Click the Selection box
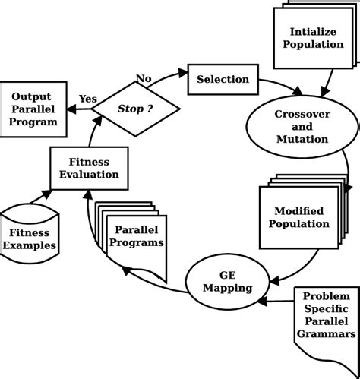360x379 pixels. coord(223,80)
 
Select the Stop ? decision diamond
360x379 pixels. coord(135,109)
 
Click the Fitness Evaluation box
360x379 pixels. coord(89,168)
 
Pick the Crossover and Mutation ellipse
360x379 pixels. coord(302,126)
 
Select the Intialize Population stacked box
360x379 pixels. coord(312,37)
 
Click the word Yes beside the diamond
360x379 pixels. coord(88,99)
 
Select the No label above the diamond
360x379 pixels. coord(144,78)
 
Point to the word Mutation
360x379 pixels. coord(302,139)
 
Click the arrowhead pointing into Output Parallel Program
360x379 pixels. coord(72,109)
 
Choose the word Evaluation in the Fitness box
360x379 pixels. coord(89,174)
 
